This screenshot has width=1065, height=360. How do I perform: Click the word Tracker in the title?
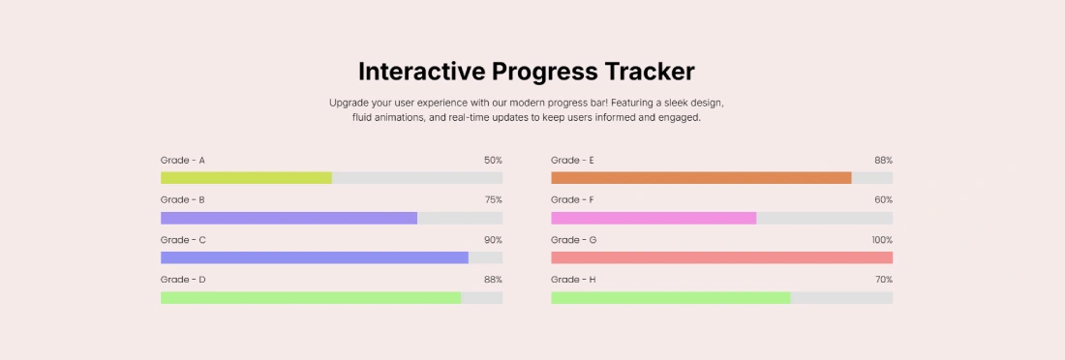[x=650, y=72]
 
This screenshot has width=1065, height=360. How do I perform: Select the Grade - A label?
[x=183, y=160]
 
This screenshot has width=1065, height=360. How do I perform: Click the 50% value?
[x=493, y=160]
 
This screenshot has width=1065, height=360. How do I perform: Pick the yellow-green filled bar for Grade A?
[x=246, y=178]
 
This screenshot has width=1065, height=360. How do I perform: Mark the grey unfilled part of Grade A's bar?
[x=417, y=178]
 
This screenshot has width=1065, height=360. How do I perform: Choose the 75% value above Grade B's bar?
[x=493, y=199]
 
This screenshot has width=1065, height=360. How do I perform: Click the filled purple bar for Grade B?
[x=289, y=218]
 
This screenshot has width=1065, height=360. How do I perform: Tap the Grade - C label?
[x=183, y=240]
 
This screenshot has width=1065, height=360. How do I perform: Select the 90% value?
[x=493, y=240]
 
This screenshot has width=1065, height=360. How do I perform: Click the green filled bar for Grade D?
[x=311, y=298]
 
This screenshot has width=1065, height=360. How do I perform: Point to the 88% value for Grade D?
[x=493, y=280]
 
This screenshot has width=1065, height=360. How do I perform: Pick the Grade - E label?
[x=572, y=160]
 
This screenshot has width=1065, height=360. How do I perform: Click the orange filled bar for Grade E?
[x=701, y=178]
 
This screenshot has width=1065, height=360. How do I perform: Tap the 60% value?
[x=883, y=199]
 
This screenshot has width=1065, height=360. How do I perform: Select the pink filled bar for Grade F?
[x=654, y=218]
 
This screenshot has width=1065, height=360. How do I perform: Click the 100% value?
[x=881, y=240]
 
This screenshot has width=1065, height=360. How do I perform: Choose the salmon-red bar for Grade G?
[x=721, y=258]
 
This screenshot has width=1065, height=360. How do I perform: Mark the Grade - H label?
[x=573, y=280]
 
